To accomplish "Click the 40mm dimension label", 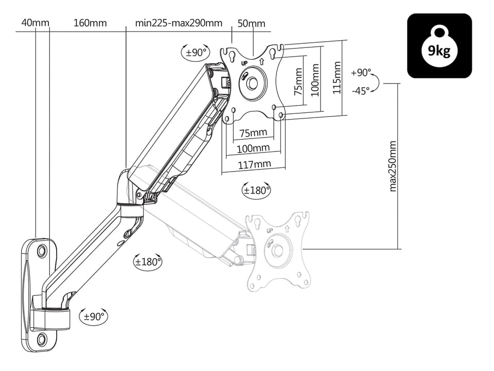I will [x=36, y=23].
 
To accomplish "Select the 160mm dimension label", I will [x=90, y=23].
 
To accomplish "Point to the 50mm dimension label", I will [x=252, y=24].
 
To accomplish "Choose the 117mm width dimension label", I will [x=254, y=164].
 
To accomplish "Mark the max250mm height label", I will [x=393, y=166].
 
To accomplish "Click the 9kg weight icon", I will [x=439, y=46].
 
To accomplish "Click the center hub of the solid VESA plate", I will [x=252, y=83].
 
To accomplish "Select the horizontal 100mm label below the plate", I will [x=253, y=148].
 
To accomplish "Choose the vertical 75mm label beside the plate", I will [x=297, y=82].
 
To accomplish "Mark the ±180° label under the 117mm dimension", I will [x=256, y=190].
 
